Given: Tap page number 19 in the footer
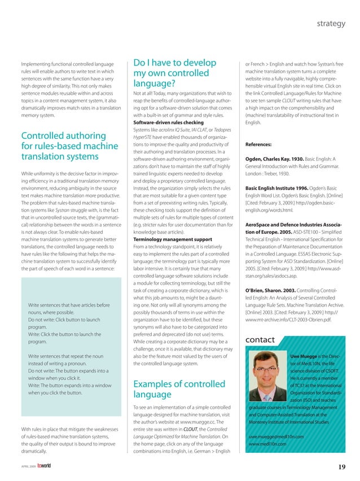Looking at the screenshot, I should tap(342, 466).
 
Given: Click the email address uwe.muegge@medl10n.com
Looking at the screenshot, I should tap(276, 436).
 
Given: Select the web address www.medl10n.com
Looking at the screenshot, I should tap(267, 444).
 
